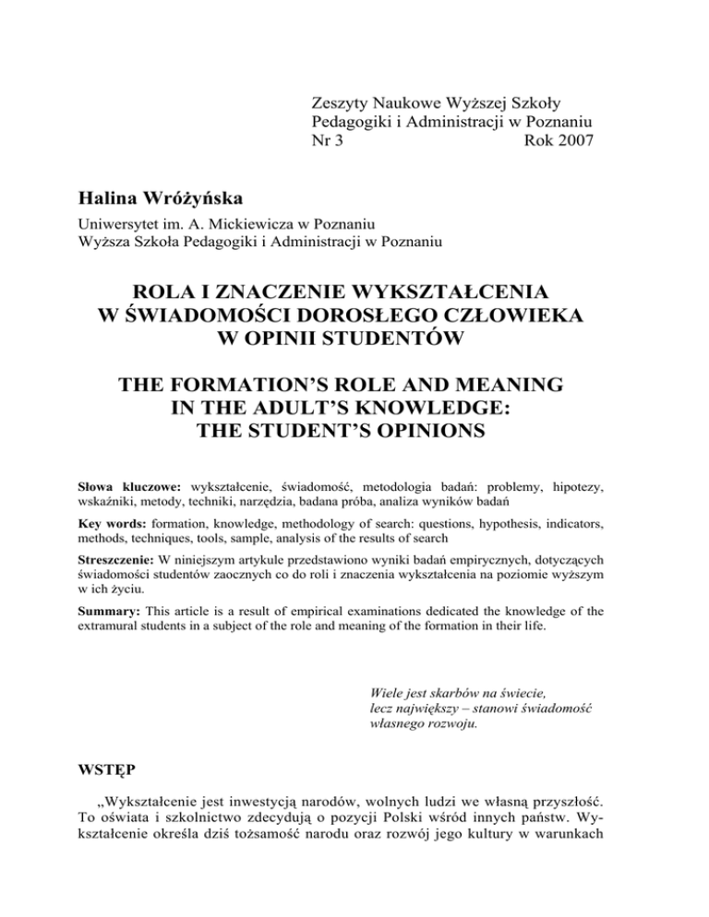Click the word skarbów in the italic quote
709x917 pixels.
451,689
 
